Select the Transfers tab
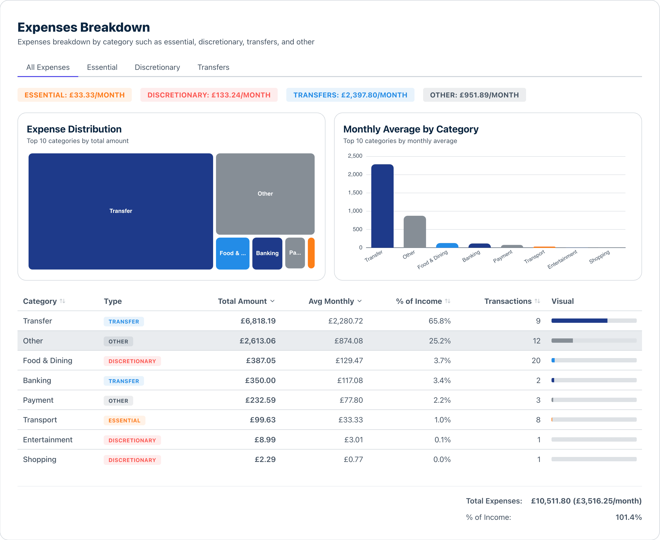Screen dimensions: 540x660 (x=213, y=67)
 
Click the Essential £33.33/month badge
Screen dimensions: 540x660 (x=75, y=95)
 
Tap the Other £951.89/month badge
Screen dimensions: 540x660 (x=474, y=95)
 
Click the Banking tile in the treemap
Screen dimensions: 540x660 (x=267, y=253)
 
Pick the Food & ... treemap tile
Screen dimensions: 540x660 (x=233, y=253)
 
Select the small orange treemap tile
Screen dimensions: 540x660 (x=311, y=253)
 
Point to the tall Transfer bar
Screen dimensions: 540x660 (x=382, y=206)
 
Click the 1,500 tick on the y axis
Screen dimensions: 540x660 (x=355, y=192)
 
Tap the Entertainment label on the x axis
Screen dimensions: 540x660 (x=562, y=259)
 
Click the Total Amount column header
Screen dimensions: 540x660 (x=242, y=301)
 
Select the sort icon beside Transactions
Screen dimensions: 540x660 (x=537, y=301)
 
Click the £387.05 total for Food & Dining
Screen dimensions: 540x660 (x=261, y=360)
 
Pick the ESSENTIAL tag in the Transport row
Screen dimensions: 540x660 (x=124, y=420)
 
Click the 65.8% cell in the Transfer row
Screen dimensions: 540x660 (x=439, y=321)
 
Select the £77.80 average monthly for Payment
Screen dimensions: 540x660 (x=351, y=400)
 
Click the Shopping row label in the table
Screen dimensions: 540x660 (x=40, y=459)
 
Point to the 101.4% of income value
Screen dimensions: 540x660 (x=628, y=517)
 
